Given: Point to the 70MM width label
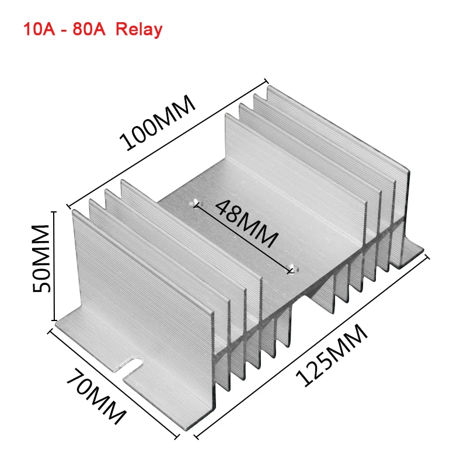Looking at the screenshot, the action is click(x=96, y=398).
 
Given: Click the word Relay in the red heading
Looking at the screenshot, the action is click(x=139, y=29).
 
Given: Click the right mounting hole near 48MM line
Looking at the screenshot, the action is click(x=292, y=270).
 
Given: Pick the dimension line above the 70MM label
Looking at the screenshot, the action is click(x=114, y=382).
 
